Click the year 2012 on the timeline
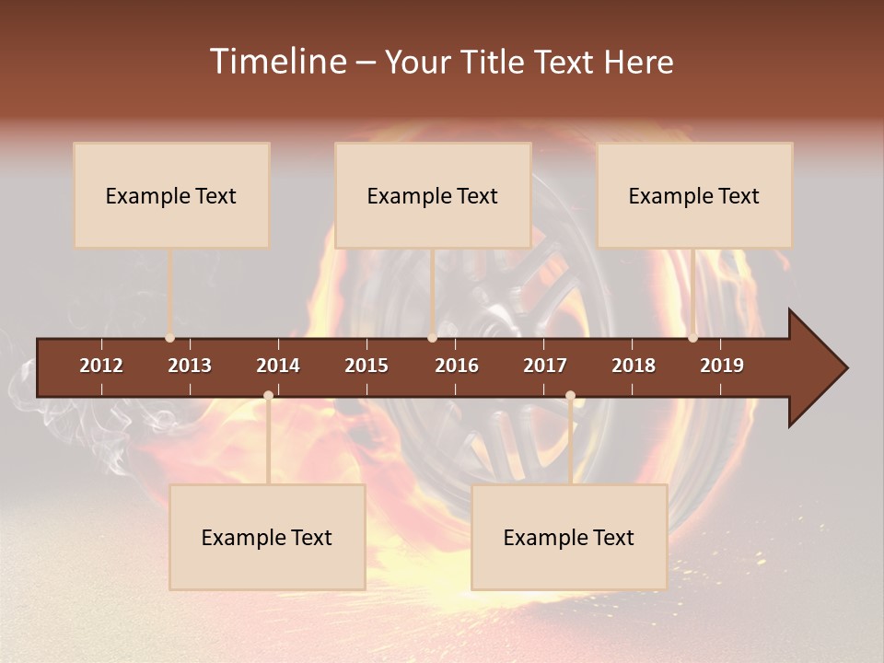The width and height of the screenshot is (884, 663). coord(101,366)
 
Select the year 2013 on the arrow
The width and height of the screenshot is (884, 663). coord(190,366)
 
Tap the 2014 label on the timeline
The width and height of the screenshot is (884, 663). coord(278,366)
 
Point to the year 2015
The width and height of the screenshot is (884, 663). coord(366,366)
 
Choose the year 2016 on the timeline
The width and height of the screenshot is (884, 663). coord(457,366)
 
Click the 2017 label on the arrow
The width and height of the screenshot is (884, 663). coord(545,366)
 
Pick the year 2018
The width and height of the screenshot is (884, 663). coord(634,366)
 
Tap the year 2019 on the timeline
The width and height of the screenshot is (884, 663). coord(722,366)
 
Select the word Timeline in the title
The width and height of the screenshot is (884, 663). coord(277,62)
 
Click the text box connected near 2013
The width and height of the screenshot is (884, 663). coord(171,195)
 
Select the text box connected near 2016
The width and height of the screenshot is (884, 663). coord(433,195)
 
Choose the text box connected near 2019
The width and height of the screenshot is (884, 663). coord(694,195)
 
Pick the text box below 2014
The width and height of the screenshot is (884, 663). coord(267,537)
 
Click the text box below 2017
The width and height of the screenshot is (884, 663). coord(569,537)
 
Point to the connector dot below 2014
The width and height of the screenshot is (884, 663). coord(268,396)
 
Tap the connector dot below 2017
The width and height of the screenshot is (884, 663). coord(570,396)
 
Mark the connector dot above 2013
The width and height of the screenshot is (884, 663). coord(169,338)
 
